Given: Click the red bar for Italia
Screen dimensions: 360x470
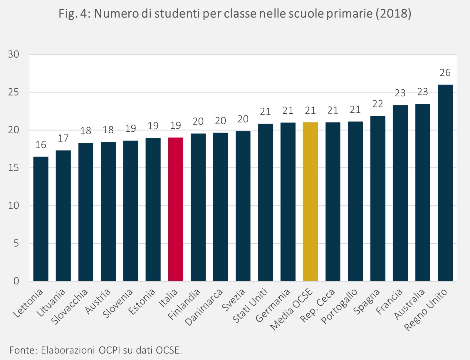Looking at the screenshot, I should coord(176,209).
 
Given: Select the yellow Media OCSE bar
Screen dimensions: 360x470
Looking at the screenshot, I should coord(310,201).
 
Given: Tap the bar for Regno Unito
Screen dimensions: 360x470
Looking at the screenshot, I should coord(445,183).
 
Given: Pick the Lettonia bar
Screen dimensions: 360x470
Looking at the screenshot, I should coord(41,219).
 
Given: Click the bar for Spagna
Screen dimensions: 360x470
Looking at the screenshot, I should coord(378,198).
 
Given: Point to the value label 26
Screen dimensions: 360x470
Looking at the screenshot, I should coord(445,73).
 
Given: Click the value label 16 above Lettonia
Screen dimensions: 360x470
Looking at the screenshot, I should coord(41,145).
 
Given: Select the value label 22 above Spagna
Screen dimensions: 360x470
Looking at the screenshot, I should coord(378,104).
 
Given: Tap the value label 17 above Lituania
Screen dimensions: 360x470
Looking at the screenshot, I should coord(63,138).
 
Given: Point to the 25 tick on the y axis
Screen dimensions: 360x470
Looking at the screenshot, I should coord(14,92).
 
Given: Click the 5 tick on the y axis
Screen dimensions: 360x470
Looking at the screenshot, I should coord(16,243).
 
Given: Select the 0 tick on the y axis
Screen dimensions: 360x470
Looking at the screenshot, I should coord(16,281).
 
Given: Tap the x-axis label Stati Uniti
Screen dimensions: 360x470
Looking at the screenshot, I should coord(250,305).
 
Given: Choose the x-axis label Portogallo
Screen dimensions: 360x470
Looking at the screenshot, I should coord(340,306).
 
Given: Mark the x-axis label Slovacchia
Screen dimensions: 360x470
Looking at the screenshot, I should coord(70,306).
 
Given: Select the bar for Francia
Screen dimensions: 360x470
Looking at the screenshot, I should coord(400,193).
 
